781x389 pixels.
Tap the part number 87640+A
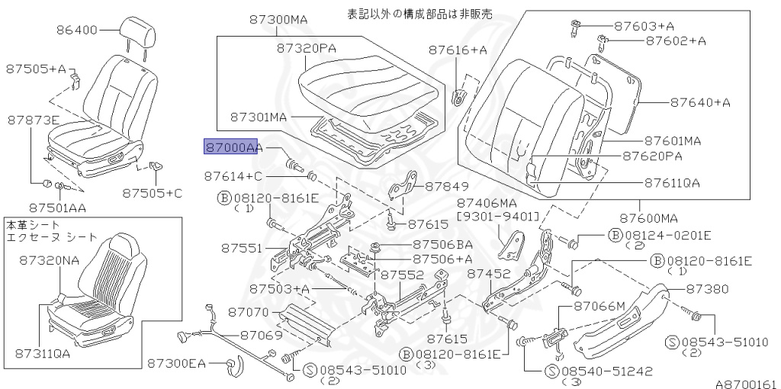(x=700, y=101)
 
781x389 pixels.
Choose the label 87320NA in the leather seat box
(x=50, y=260)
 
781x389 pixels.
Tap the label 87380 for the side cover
(x=707, y=289)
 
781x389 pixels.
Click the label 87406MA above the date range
(x=487, y=203)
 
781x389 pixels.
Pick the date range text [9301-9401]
(x=497, y=217)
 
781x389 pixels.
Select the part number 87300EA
(x=176, y=364)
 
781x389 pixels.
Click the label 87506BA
(x=442, y=245)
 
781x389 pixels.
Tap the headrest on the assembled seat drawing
(x=139, y=32)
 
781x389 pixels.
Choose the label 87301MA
(x=259, y=117)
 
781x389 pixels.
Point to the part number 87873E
(x=34, y=120)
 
